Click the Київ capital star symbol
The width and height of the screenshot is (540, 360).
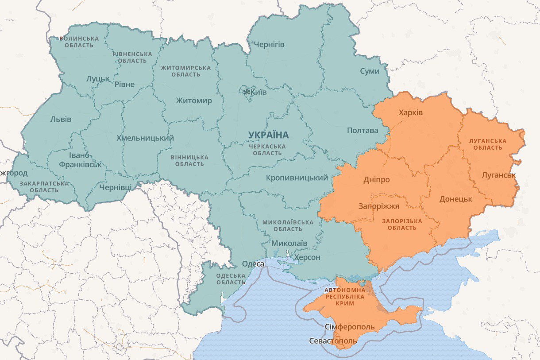pyautogui.click(x=247, y=92)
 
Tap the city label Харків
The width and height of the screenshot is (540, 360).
pyautogui.click(x=410, y=112)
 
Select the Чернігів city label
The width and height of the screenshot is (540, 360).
pyautogui.click(x=269, y=44)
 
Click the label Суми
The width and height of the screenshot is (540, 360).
pyautogui.click(x=369, y=71)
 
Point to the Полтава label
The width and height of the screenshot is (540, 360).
pyautogui.click(x=363, y=130)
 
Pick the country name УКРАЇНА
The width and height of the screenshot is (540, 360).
pyautogui.click(x=268, y=135)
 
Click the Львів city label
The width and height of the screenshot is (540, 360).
pyautogui.click(x=61, y=119)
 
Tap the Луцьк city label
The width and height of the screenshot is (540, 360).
pyautogui.click(x=98, y=78)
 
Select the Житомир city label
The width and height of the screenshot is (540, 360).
pyautogui.click(x=193, y=101)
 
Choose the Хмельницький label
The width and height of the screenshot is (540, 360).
pyautogui.click(x=145, y=138)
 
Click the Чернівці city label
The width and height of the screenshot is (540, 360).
pyautogui.click(x=115, y=187)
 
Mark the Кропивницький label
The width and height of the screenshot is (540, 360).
pyautogui.click(x=297, y=178)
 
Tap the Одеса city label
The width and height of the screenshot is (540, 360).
pyautogui.click(x=253, y=264)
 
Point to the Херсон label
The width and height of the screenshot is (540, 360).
pyautogui.click(x=307, y=257)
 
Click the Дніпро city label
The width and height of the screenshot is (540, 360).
pyautogui.click(x=376, y=180)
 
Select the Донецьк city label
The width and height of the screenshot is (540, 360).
pyautogui.click(x=455, y=199)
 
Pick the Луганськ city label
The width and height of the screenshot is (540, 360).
pyautogui.click(x=498, y=175)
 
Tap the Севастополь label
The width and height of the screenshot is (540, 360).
pyautogui.click(x=333, y=341)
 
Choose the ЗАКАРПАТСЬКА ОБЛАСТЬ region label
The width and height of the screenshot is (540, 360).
pyautogui.click(x=44, y=186)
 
